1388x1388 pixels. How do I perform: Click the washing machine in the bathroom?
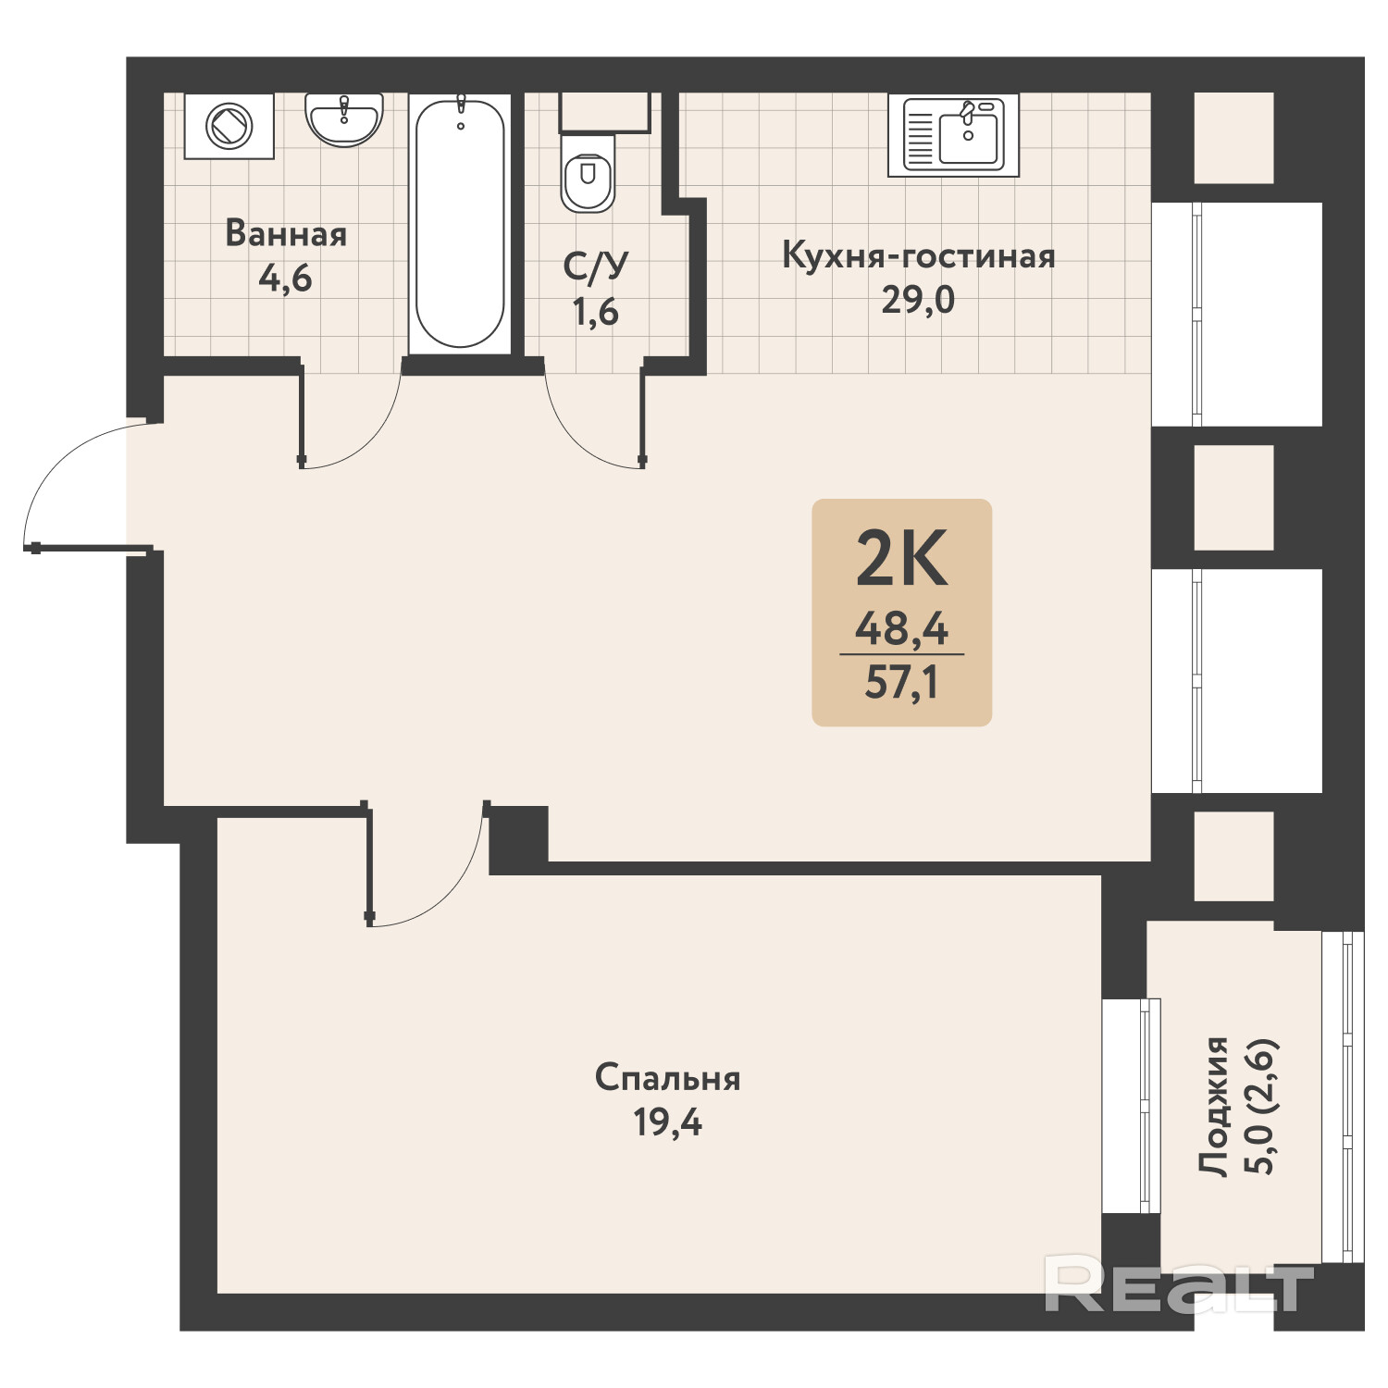(x=229, y=126)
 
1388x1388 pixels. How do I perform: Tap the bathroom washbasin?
(x=343, y=120)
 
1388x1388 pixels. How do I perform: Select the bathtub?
(x=460, y=223)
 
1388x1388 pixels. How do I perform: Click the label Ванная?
(x=286, y=234)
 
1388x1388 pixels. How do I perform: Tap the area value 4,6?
(x=285, y=278)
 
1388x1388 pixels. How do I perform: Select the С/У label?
(x=596, y=266)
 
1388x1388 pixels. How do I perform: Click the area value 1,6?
(x=595, y=312)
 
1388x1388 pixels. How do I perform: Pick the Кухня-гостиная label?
(x=918, y=255)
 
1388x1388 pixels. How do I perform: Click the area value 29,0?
(x=918, y=300)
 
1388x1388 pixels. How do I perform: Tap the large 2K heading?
(x=902, y=558)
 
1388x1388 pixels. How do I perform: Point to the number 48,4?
(x=902, y=629)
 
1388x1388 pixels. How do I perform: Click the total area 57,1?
(x=902, y=683)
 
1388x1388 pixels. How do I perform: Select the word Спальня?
(x=667, y=1078)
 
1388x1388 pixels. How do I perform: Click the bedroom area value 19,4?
(x=667, y=1122)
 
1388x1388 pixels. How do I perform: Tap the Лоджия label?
(x=1213, y=1107)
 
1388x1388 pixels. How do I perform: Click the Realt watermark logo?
(x=1179, y=1283)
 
